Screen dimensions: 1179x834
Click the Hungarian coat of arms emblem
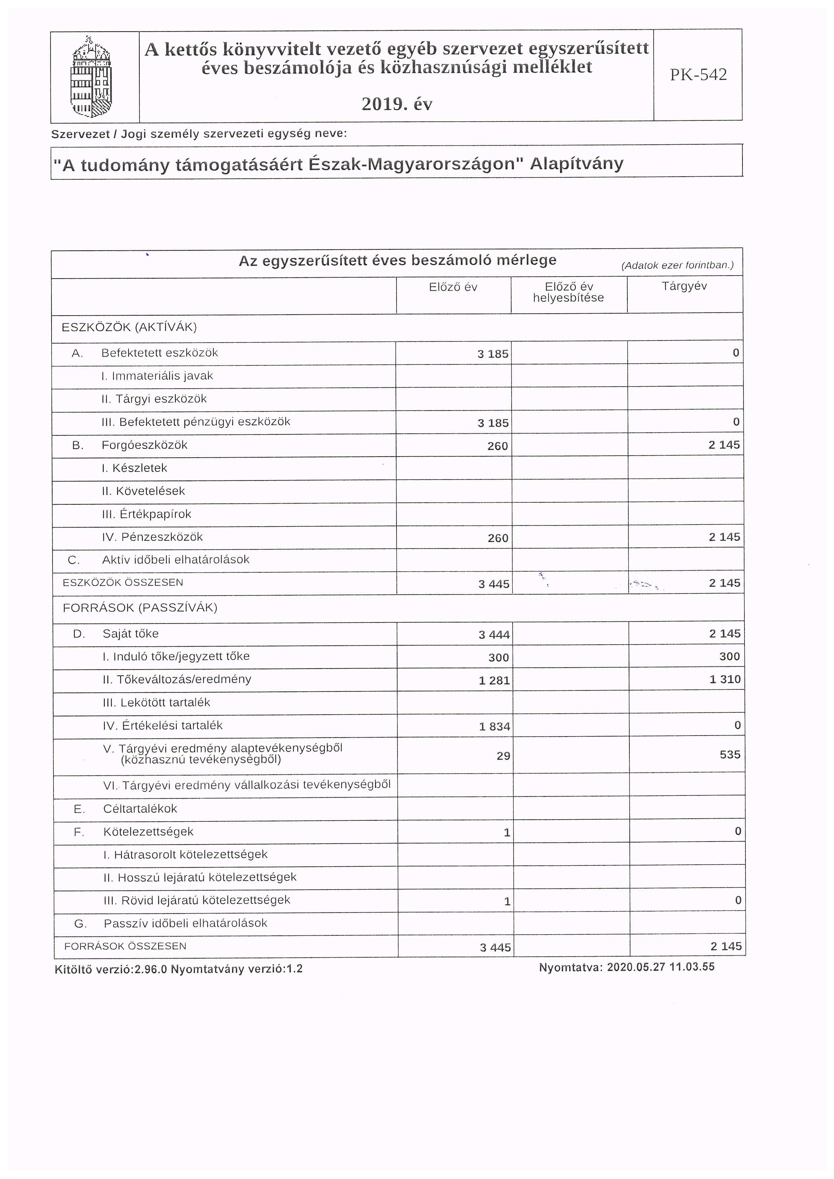(x=91, y=77)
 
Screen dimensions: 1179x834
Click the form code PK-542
(x=698, y=75)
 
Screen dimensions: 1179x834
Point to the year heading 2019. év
(x=396, y=104)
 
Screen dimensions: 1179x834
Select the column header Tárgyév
(x=684, y=286)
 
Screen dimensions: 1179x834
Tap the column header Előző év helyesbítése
(x=568, y=292)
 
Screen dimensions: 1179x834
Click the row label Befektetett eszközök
(x=160, y=353)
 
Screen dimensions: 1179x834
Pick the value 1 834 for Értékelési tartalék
(x=494, y=726)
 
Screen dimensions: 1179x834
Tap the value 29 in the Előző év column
(x=503, y=756)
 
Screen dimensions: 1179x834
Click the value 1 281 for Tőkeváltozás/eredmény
(x=494, y=680)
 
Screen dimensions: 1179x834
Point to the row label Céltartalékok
(x=140, y=809)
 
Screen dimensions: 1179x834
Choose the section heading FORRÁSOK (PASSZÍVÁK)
(x=140, y=608)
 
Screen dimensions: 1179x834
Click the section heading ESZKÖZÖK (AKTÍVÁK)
(x=129, y=327)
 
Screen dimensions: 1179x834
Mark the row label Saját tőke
(x=131, y=634)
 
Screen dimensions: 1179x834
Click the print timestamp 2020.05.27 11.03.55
(x=660, y=967)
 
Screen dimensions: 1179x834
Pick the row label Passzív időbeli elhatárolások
(x=185, y=923)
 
